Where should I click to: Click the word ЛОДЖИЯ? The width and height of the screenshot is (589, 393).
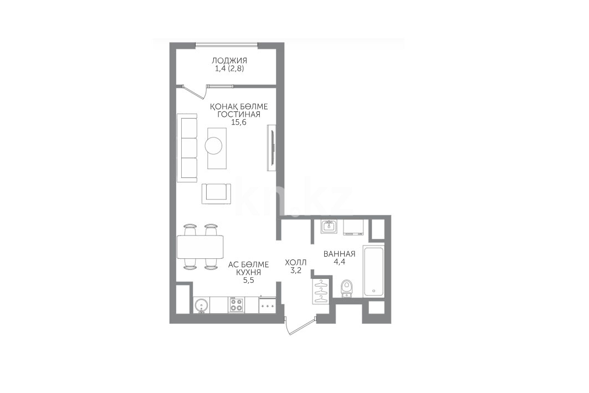pyautogui.click(x=229, y=60)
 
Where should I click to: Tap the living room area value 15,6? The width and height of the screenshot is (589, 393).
pyautogui.click(x=238, y=122)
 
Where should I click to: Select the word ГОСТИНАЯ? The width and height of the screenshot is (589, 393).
pyautogui.click(x=238, y=115)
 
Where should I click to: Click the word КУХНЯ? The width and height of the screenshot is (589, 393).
pyautogui.click(x=248, y=272)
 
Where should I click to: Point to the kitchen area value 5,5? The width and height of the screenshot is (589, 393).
pyautogui.click(x=248, y=280)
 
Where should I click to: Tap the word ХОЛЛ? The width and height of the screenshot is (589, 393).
pyautogui.click(x=296, y=262)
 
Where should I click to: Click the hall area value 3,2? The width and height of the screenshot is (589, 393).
pyautogui.click(x=296, y=270)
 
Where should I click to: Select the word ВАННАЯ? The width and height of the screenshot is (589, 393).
pyautogui.click(x=339, y=254)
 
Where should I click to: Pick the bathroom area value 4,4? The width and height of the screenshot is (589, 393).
pyautogui.click(x=339, y=262)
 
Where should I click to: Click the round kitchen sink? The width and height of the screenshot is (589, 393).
pyautogui.click(x=201, y=305)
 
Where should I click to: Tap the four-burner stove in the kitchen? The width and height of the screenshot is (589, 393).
pyautogui.click(x=236, y=305)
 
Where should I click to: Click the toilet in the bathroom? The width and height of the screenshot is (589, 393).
pyautogui.click(x=346, y=289)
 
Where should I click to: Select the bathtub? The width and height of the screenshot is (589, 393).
pyautogui.click(x=373, y=271)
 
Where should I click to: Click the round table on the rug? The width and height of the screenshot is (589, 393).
pyautogui.click(x=213, y=145)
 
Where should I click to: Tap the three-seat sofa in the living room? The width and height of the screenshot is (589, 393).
pyautogui.click(x=187, y=148)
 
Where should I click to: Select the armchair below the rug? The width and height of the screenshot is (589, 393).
pyautogui.click(x=216, y=193)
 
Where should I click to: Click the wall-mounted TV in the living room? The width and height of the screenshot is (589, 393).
pyautogui.click(x=271, y=147)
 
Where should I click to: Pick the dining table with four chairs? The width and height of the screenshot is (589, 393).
pyautogui.click(x=200, y=247)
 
